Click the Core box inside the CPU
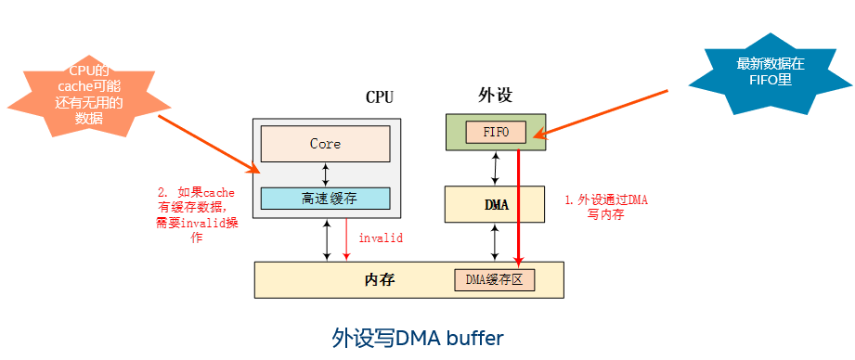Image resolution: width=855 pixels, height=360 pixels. click(325, 144)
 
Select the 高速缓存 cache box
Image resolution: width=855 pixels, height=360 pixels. click(325, 198)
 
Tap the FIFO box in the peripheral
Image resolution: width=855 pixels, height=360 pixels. click(496, 132)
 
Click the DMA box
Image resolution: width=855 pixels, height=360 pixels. click(497, 204)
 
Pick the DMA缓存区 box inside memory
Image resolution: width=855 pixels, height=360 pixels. click(494, 279)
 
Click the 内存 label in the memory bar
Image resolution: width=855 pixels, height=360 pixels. click(382, 279)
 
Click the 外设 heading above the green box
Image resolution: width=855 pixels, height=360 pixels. click(495, 96)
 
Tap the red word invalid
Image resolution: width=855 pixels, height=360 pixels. click(381, 238)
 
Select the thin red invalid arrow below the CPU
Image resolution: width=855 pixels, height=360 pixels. click(346, 239)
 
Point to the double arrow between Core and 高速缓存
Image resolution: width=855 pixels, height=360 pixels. click(325, 173)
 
